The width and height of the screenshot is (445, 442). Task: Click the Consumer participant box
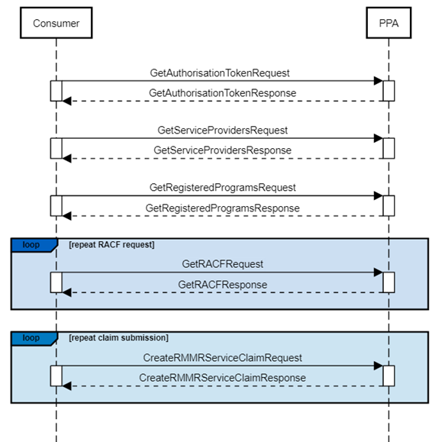56,24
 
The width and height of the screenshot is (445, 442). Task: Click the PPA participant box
389,24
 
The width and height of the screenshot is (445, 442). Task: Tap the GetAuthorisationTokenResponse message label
222,92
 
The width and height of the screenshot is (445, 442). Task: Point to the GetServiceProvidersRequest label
222,131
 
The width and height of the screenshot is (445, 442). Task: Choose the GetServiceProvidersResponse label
222,150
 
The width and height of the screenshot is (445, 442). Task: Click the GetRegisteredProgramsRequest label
222,187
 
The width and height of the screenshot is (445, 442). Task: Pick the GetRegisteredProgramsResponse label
222,208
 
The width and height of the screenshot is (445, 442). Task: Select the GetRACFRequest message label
222,263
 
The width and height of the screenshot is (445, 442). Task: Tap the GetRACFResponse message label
222,284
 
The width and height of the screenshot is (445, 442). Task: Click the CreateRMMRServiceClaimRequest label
222,357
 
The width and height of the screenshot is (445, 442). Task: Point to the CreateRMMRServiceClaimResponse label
222,378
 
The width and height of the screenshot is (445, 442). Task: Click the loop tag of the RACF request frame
32,244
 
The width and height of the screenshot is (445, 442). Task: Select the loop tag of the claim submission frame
32,337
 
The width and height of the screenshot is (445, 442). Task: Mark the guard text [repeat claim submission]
118,337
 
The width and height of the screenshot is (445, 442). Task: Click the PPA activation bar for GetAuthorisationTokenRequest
389,90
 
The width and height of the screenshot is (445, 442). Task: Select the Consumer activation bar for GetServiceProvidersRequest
56,148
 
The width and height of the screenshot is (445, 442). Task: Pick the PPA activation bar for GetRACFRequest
389,282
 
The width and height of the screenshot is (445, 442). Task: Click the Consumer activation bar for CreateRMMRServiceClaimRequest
56,376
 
